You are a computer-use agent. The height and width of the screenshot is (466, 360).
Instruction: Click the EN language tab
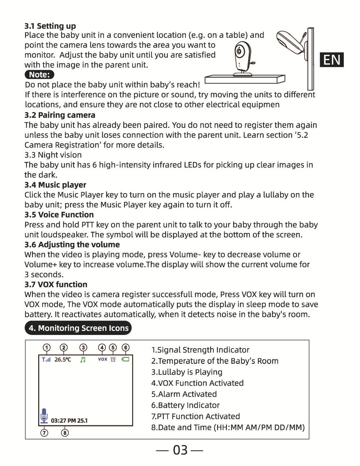pos(332,59)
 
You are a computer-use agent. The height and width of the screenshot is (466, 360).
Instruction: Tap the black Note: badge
pos(40,75)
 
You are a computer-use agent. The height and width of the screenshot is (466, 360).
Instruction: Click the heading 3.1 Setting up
pos(50,26)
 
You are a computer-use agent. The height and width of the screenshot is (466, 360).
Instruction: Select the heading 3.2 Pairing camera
pos(60,115)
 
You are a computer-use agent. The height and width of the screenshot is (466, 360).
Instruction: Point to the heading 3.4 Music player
pos(55,185)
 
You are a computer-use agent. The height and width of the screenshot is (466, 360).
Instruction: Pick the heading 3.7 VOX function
pos(56,284)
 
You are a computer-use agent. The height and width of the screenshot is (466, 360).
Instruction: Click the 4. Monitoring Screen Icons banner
pos(78,328)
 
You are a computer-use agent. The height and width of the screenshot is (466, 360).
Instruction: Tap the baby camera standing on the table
pos(242,58)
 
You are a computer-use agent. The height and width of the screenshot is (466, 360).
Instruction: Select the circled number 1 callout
pos(46,348)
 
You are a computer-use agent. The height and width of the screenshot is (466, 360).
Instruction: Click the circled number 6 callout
pos(125,348)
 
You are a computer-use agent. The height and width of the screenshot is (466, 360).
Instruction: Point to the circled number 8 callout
pos(65,433)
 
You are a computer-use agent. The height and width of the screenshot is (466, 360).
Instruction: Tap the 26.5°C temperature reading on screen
pos(63,359)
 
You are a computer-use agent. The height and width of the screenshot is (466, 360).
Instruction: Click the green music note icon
pos(83,359)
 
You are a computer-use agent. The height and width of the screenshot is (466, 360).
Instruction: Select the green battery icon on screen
pos(125,359)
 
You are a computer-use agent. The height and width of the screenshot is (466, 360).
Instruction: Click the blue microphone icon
pos(44,416)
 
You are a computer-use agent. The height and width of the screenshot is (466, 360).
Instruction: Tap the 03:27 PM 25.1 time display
pos(69,420)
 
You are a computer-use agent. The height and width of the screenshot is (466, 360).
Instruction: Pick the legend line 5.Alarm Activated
pos(184,394)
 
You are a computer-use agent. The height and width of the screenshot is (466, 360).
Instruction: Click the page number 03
pos(180,450)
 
